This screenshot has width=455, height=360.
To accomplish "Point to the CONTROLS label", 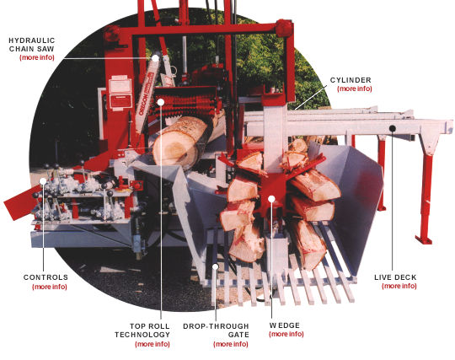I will [x=47, y=277].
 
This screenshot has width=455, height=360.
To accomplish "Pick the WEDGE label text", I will [x=284, y=325].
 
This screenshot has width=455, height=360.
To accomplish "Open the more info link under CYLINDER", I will [x=354, y=89].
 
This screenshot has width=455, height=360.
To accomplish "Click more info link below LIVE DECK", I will [x=399, y=286].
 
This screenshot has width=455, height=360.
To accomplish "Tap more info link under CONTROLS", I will [x=49, y=287].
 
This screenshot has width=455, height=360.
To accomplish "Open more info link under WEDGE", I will [x=286, y=334].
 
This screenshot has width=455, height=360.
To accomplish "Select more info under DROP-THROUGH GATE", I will [x=230, y=344].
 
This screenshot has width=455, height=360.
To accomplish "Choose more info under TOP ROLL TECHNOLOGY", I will [x=152, y=344].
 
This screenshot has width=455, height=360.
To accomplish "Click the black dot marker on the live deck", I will [x=393, y=128].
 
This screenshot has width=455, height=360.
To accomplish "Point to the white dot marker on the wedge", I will [x=272, y=200].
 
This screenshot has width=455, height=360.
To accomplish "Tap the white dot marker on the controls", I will [x=43, y=180].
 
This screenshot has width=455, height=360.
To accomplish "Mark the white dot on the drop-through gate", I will [x=216, y=267].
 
